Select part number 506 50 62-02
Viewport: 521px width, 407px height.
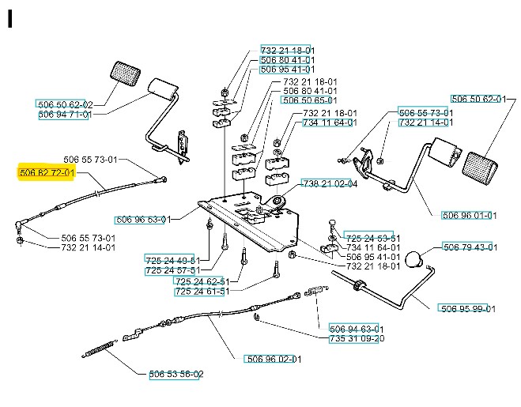(65, 104)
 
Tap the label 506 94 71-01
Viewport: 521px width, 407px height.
(65, 115)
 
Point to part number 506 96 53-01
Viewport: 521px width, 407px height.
(142, 220)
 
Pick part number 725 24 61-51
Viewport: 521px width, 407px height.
(202, 292)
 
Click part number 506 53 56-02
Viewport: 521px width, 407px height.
(176, 374)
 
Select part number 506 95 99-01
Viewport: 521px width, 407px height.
(468, 308)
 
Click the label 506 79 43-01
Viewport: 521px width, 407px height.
(470, 247)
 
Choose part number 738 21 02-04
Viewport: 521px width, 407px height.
(330, 184)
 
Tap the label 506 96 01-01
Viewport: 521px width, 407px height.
(469, 215)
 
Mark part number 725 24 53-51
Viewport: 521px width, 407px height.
(372, 238)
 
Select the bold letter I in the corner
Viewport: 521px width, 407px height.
(10, 19)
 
